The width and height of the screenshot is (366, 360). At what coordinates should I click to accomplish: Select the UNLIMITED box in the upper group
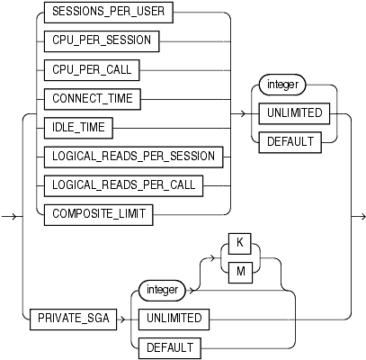click(293, 113)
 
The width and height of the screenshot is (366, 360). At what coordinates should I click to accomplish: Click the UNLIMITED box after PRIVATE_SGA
click(169, 319)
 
